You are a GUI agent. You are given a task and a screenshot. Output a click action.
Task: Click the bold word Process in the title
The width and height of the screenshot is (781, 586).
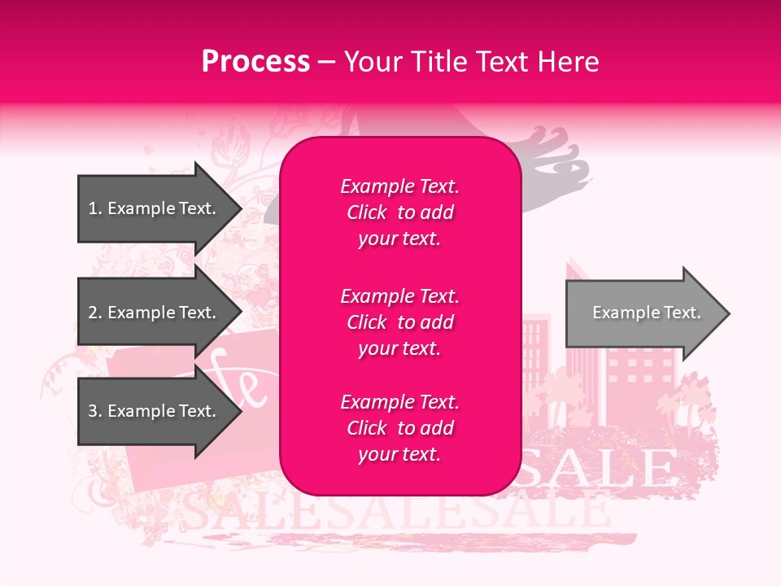pyautogui.click(x=255, y=62)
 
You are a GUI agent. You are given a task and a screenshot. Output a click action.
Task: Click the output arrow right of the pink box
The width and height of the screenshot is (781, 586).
pyautogui.click(x=643, y=313)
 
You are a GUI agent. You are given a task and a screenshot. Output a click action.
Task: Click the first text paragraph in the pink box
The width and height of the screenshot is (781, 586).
pyautogui.click(x=399, y=212)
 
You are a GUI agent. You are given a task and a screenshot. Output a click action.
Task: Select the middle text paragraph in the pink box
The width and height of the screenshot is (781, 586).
pyautogui.click(x=399, y=322)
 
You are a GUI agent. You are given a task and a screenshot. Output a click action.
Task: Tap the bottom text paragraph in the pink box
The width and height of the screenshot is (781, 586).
pyautogui.click(x=399, y=428)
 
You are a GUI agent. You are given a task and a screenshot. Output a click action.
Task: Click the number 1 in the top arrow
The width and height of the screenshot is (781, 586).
pyautogui.click(x=93, y=208)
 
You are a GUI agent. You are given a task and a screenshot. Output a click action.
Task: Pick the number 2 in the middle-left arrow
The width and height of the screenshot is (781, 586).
pyautogui.click(x=93, y=313)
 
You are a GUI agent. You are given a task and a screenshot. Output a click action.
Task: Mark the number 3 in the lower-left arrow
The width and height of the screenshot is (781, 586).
pyautogui.click(x=93, y=411)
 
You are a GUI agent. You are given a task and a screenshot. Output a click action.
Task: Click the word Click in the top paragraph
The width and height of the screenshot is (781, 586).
pyautogui.click(x=367, y=212)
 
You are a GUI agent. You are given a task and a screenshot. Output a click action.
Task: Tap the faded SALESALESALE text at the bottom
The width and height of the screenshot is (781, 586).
pyautogui.click(x=390, y=511)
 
